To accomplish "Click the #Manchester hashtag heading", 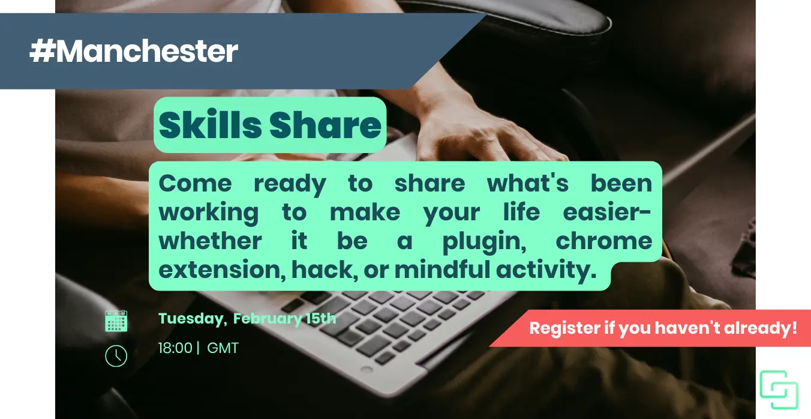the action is pos(134,51).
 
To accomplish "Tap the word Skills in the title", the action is pos(210,125).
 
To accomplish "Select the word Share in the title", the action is pos(325,125).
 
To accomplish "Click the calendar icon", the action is pos(116,321).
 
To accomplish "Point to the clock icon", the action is pos(116,356).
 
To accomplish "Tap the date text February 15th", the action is pos(284,319).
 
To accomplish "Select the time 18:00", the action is pos(175,348).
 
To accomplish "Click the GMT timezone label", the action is pos(223,348).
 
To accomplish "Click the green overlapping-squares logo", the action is pos(779,390).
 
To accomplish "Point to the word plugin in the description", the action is pos(484,242).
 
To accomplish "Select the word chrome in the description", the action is pos(604,241).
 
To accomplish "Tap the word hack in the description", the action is pos(325,270).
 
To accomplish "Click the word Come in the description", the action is pos(195,184).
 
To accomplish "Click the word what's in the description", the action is pos(528,182).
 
